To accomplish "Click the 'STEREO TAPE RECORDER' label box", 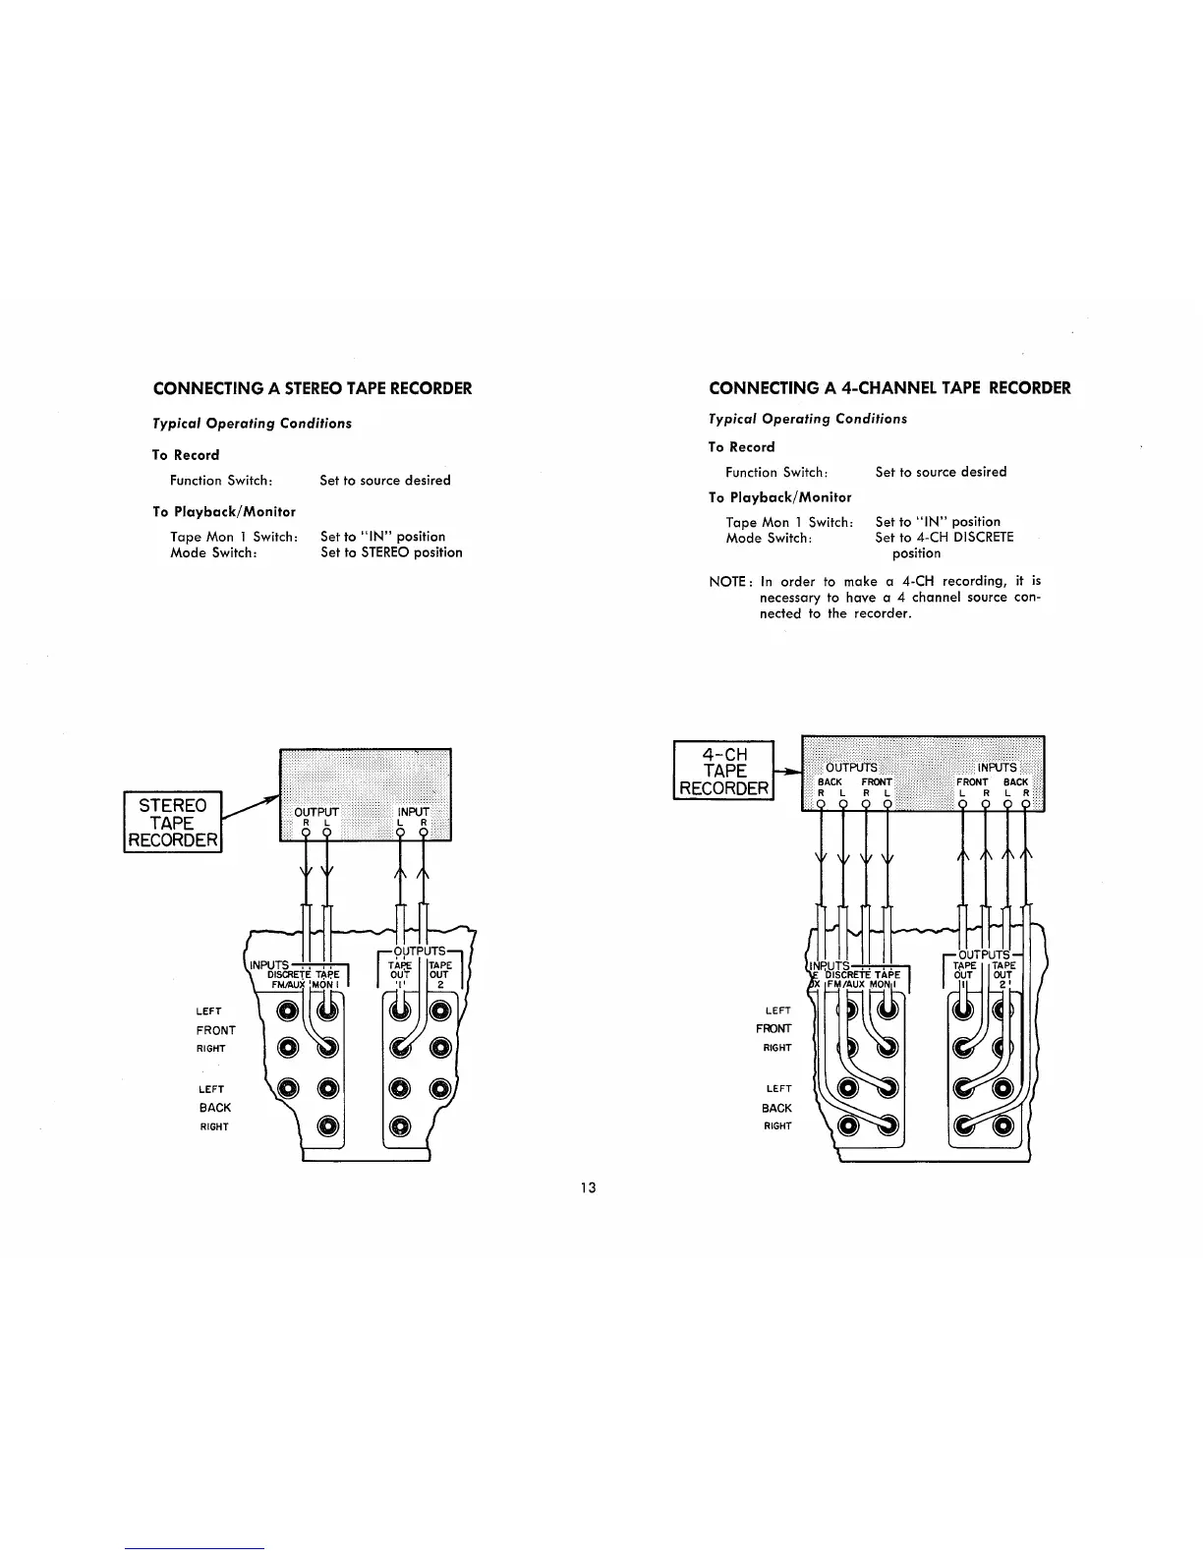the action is click(173, 823).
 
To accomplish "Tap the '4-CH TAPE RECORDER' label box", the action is click(724, 771).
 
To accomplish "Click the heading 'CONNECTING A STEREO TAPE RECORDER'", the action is click(313, 388).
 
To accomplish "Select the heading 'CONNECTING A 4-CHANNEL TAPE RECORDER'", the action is click(889, 387).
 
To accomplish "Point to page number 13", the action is click(588, 1187).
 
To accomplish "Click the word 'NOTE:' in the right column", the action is click(728, 582).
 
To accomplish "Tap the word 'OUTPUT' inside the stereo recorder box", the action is click(316, 812).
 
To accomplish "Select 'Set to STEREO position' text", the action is click(391, 552).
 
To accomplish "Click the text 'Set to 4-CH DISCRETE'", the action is click(945, 538).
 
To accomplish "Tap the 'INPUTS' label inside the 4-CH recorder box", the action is click(997, 767).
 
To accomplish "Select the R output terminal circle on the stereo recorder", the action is click(306, 834).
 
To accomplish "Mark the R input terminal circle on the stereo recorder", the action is click(424, 834).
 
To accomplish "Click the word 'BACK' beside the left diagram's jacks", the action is click(214, 1107).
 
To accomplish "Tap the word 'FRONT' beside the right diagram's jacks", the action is click(773, 1028).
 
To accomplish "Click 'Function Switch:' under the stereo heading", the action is click(221, 481).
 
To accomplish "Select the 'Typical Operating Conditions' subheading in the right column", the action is click(808, 419).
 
